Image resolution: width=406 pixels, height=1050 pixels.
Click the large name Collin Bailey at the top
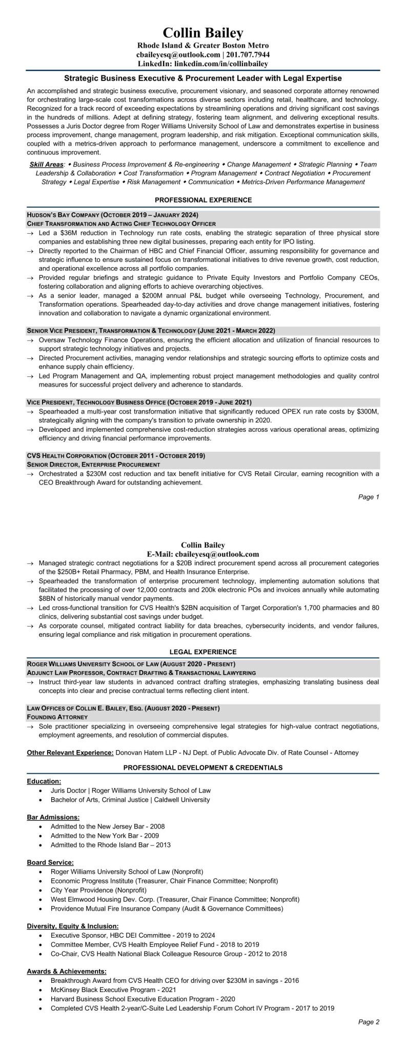coord(203,34)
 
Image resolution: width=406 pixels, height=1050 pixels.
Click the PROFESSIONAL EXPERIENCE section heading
coord(203,200)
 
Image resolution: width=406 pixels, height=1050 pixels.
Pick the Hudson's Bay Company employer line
coord(112,215)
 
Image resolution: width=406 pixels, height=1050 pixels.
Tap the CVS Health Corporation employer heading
coord(116,455)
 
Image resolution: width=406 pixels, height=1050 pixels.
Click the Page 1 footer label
coord(369,497)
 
